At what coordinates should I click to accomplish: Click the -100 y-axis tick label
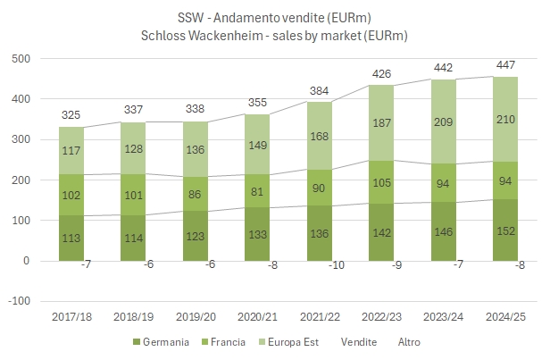pyautogui.click(x=17, y=302)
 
